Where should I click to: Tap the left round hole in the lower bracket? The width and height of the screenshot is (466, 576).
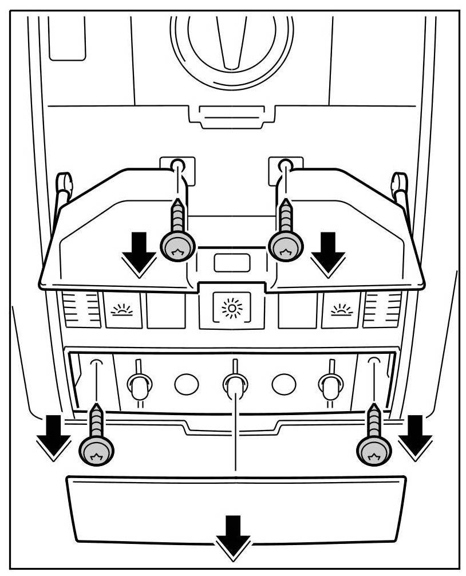click(186, 384)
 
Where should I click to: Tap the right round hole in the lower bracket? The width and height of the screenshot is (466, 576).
click(283, 384)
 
